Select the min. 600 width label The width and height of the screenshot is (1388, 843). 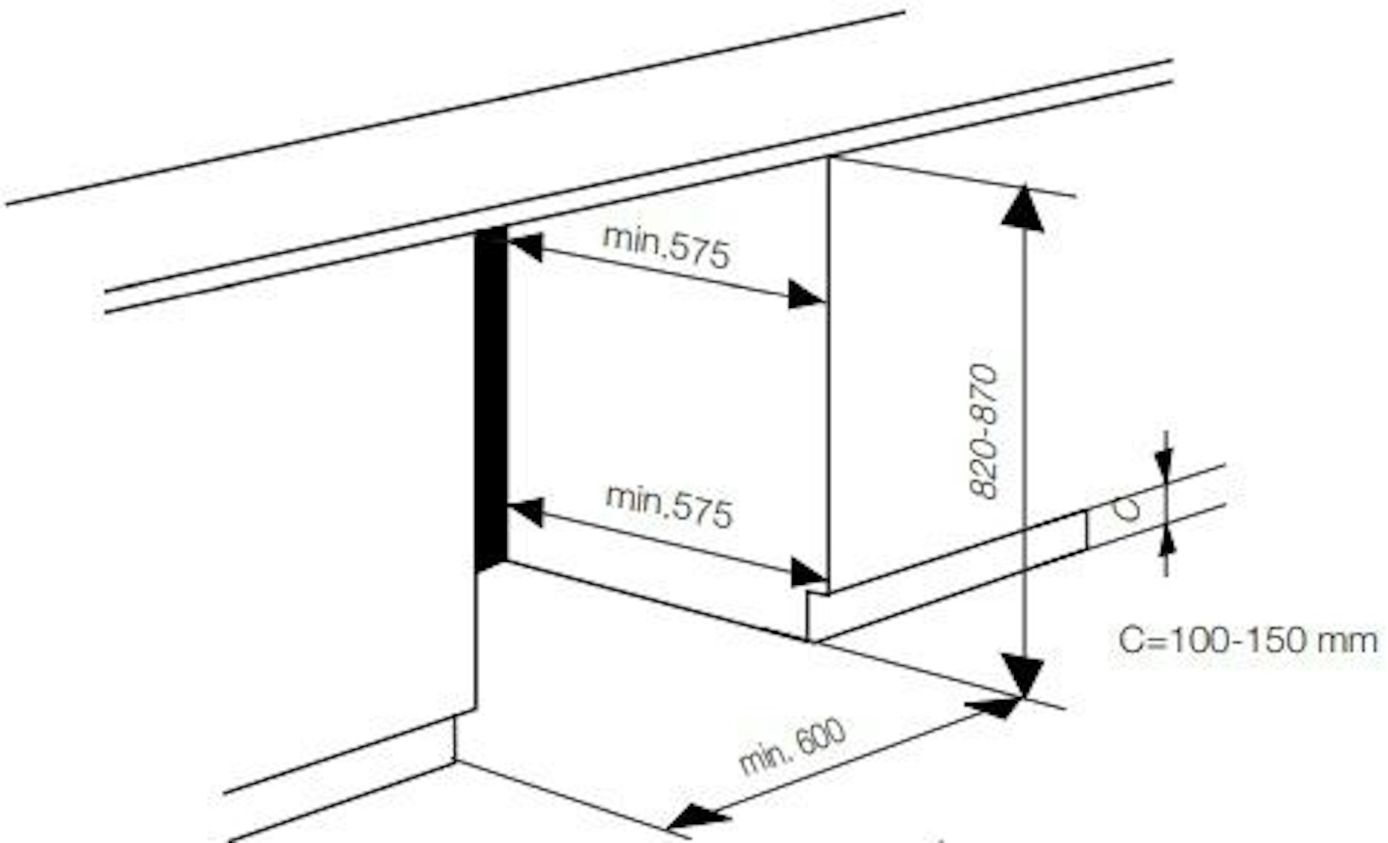click(792, 746)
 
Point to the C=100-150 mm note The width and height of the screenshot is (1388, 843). click(1248, 641)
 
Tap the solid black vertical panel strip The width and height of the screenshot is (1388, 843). click(491, 398)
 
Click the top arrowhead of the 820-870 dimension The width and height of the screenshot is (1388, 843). click(1023, 209)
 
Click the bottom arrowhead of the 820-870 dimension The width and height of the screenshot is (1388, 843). click(1024, 674)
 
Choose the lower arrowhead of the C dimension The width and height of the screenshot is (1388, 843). click(1165, 540)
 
